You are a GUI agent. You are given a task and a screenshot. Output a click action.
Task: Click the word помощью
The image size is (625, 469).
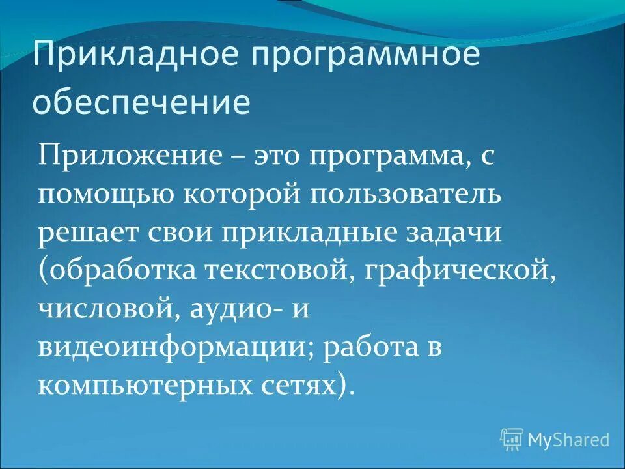pos(102,196)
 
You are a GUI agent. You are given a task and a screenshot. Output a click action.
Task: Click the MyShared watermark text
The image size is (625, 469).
pos(568,440)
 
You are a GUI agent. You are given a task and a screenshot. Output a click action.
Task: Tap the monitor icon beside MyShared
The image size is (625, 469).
pos(512,439)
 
